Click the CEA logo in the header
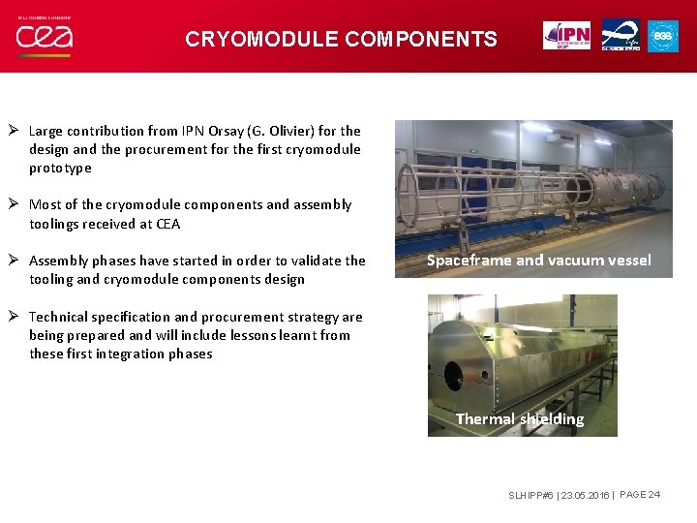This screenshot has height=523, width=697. tap(45, 38)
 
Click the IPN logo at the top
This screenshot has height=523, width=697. tap(566, 35)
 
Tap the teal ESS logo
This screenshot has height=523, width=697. tap(662, 35)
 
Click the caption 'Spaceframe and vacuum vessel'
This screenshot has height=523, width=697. tap(539, 260)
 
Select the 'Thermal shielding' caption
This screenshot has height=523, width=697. tap(520, 418)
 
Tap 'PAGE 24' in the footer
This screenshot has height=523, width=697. tap(639, 495)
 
